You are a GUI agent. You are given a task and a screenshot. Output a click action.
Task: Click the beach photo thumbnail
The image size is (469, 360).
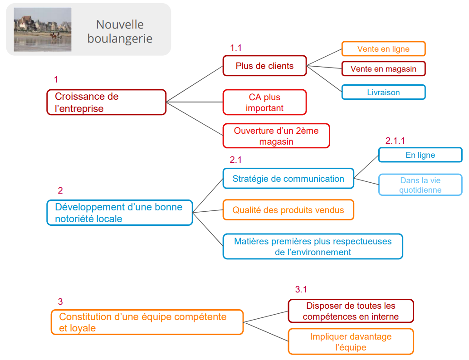[x=43, y=29]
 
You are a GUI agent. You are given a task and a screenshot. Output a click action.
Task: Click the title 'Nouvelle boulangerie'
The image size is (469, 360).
[x=120, y=31]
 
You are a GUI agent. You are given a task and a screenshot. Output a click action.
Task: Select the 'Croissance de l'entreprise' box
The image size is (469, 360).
[x=107, y=102]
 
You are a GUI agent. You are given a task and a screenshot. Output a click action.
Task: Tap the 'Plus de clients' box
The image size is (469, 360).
[x=264, y=66]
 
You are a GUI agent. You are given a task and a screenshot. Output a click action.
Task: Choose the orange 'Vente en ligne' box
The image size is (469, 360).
[x=383, y=49]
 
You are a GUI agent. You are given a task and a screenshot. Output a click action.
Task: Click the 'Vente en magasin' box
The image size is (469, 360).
[x=383, y=69]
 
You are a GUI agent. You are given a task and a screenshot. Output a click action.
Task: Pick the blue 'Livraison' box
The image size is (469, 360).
[x=383, y=92]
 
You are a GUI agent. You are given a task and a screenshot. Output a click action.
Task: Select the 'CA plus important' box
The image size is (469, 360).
[x=264, y=102]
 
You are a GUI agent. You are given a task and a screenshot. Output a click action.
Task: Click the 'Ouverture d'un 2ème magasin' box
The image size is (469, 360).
[x=276, y=136]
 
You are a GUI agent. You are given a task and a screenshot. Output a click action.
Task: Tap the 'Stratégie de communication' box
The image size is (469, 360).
[x=288, y=179]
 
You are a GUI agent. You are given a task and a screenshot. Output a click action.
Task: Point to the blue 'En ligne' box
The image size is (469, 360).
[x=420, y=155]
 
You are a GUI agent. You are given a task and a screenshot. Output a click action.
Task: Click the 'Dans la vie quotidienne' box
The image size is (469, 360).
[x=420, y=185]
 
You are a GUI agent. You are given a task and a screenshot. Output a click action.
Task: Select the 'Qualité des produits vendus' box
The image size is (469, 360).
[x=288, y=210]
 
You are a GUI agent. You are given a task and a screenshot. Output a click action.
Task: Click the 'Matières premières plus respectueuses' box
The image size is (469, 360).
[x=313, y=247]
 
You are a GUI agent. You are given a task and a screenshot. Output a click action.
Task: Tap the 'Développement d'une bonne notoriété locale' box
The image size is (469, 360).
[x=120, y=213]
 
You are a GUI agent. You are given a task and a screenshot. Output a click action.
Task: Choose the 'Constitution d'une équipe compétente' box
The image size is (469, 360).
[x=147, y=322]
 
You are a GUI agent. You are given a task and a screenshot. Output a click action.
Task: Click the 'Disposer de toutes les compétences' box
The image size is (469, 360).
[x=351, y=311]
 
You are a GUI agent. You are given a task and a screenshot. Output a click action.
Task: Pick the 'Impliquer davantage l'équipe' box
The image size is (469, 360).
[x=351, y=342]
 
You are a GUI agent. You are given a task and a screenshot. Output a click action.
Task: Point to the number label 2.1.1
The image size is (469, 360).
[x=395, y=141]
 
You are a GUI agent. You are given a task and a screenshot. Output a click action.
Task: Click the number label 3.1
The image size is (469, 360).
[x=301, y=290]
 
